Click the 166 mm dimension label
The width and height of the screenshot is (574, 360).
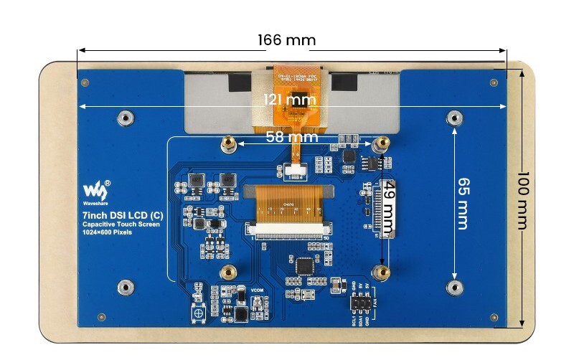click(286, 39)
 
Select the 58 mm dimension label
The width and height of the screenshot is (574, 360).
click(291, 136)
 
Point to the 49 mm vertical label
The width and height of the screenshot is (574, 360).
click(388, 208)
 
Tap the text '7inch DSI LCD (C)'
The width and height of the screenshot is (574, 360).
click(121, 215)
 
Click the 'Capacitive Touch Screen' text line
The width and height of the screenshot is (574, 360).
click(120, 224)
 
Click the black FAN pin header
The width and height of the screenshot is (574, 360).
click(361, 305)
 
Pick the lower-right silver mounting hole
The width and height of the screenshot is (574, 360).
click(453, 288)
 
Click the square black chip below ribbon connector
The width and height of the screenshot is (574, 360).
click(305, 265)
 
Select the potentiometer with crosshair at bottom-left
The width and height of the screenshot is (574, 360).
click(197, 313)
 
